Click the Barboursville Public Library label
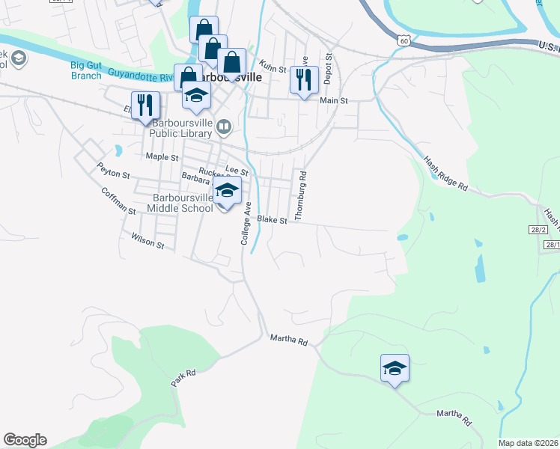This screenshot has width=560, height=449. point(183,129)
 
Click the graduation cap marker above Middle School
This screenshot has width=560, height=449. point(228,190)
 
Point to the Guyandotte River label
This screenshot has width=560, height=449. point(141,75)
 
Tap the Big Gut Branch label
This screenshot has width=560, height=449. point(86,70)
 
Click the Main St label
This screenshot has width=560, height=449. point(334,100)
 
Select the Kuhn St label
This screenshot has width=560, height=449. point(273,69)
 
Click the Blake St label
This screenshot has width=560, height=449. point(273,221)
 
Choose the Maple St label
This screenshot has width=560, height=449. point(162,157)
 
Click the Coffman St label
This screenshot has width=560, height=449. point(119,201)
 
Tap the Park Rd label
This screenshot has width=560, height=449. point(183,377)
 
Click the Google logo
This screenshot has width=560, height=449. point(25,440)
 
